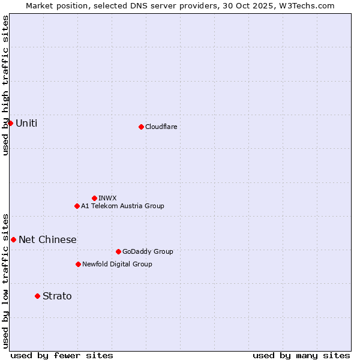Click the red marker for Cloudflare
coord(141,127)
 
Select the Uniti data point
coord(10,123)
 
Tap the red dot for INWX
coord(94,198)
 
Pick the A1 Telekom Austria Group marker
coord(77,206)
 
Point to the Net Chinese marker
coord(13,239)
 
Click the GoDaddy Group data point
coord(118,251)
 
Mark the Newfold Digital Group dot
coord(78,264)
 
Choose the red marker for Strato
coord(37,296)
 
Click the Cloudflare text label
coord(161,127)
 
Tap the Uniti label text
coord(26,123)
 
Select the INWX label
coord(107,198)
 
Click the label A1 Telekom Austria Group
coord(122,206)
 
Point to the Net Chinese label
coord(47,239)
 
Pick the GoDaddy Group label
coord(148,251)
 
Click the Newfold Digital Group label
coord(117,264)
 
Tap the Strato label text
coord(57,296)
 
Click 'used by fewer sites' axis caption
coord(62,355)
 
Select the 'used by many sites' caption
coord(301,355)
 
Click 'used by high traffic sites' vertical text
coord(5,85)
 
